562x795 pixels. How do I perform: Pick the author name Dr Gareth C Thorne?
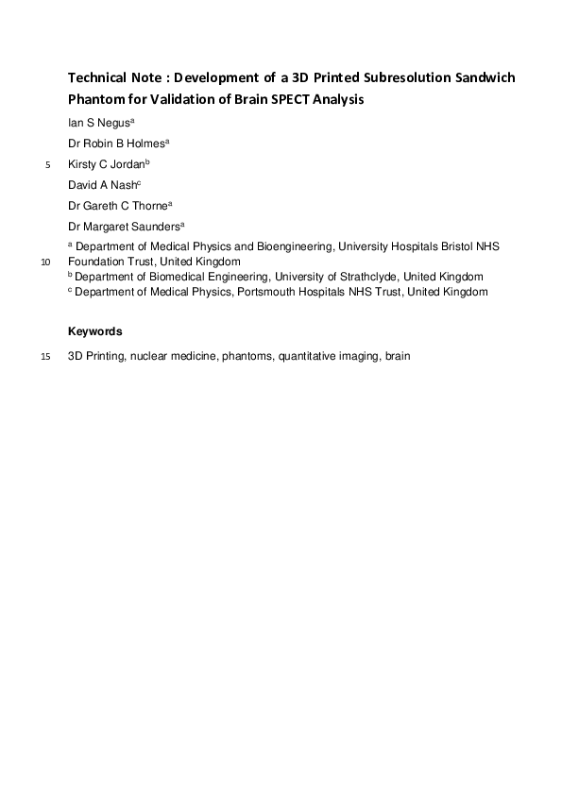click(117, 206)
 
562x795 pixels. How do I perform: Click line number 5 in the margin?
click(48, 165)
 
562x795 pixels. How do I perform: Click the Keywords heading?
click(94, 331)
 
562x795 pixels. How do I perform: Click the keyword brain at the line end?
click(398, 357)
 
